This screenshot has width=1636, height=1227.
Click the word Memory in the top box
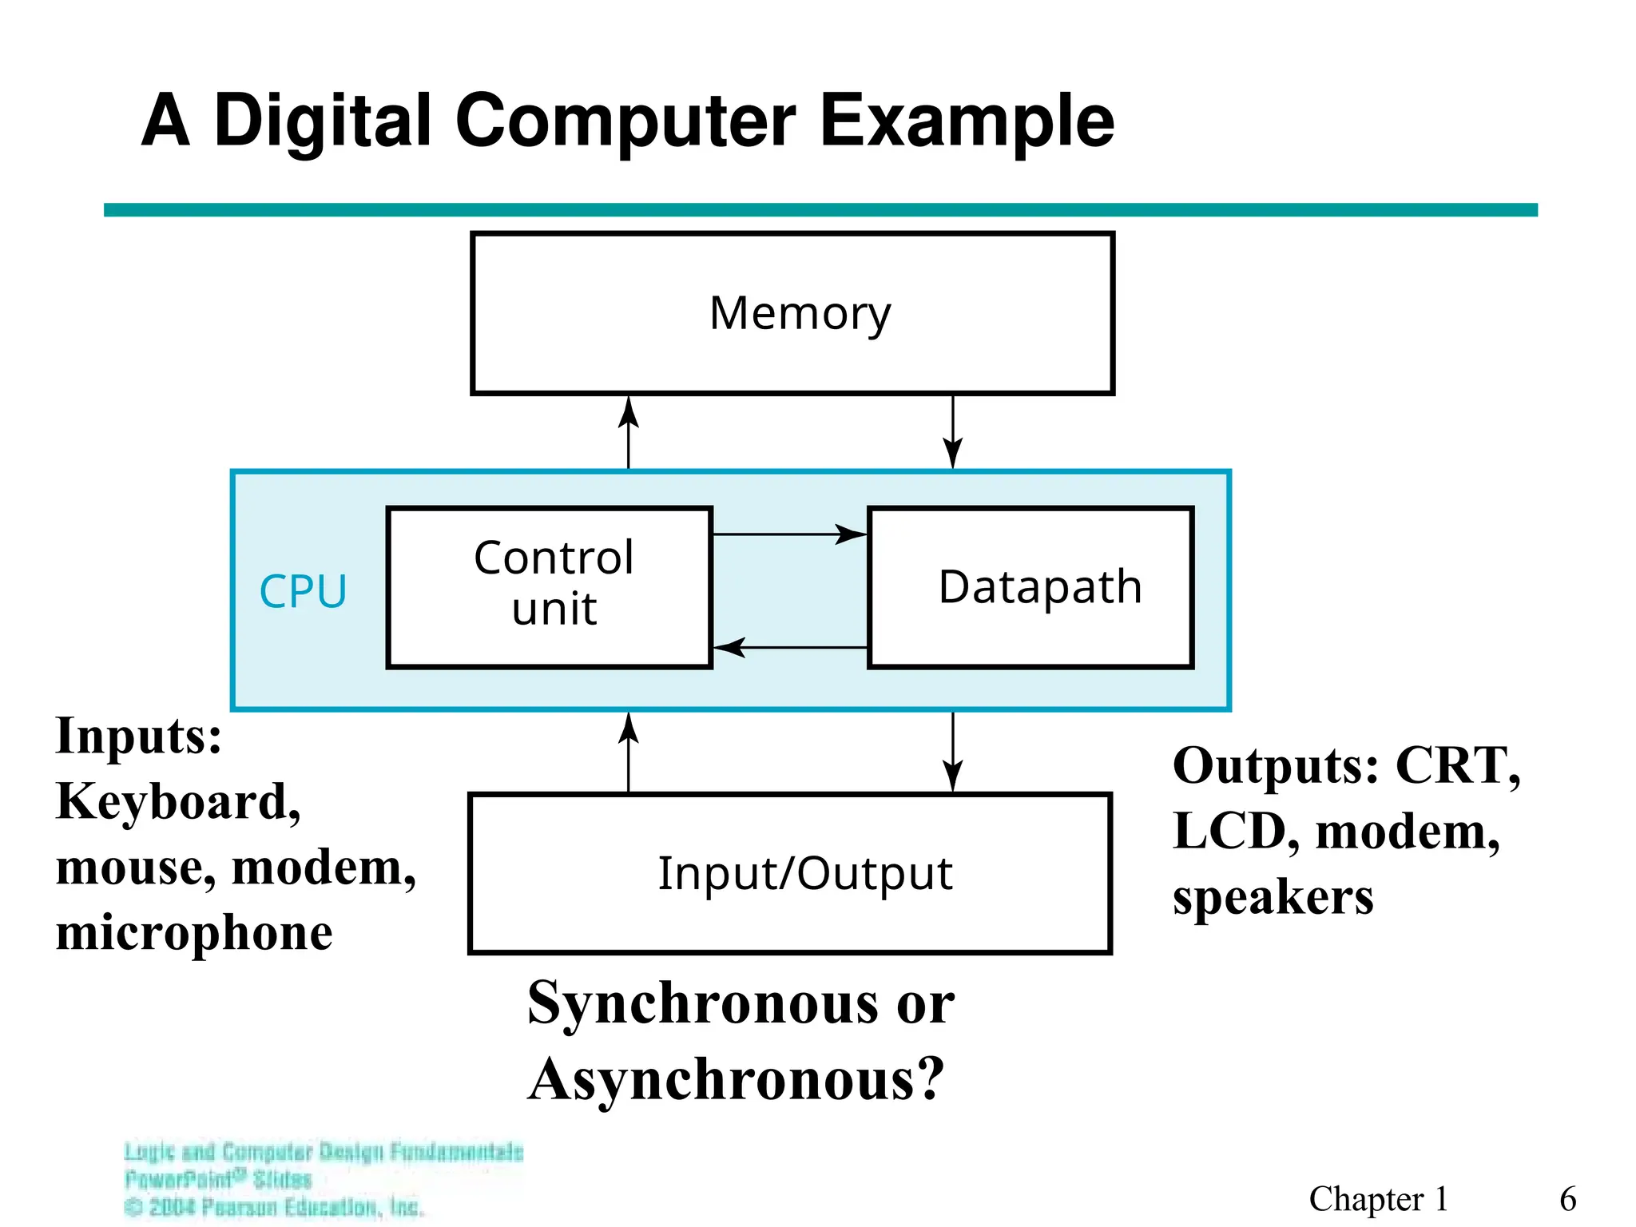point(800,314)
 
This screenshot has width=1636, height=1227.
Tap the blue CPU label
point(303,592)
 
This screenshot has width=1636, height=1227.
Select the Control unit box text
point(554,583)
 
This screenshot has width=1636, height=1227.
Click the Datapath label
point(1039,587)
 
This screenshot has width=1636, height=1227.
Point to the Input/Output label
point(804,873)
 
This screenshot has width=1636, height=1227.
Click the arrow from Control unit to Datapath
point(789,534)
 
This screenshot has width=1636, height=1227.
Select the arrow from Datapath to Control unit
point(789,647)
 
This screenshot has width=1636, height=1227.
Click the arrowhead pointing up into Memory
point(629,412)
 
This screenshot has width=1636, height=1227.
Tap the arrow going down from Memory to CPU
point(952,432)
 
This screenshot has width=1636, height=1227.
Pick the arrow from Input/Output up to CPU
point(629,751)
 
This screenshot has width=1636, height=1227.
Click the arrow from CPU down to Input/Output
point(952,752)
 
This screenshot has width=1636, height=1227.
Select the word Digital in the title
point(323,121)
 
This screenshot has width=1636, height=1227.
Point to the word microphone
point(194,932)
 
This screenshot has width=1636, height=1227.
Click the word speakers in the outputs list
point(1273,897)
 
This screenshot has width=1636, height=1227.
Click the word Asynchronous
point(736,1079)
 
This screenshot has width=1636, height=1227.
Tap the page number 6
point(1567,1199)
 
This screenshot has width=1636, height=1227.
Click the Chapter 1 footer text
point(1378,1199)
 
